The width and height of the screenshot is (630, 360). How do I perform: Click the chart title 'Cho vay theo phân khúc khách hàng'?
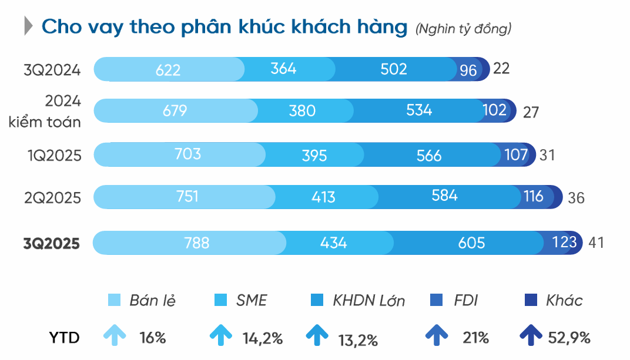click(224, 27)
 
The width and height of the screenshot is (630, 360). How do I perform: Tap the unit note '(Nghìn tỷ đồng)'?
click(463, 28)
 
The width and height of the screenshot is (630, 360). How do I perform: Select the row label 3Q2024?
click(52, 70)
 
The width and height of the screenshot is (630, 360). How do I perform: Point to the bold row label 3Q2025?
click(52, 243)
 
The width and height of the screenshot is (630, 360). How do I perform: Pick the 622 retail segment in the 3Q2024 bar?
click(168, 70)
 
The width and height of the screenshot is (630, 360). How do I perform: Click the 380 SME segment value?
click(302, 110)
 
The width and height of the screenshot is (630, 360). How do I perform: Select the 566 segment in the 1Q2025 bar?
click(428, 155)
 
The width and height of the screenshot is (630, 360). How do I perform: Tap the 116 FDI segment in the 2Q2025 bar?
click(534, 196)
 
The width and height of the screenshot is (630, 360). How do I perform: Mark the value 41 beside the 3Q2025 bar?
click(596, 242)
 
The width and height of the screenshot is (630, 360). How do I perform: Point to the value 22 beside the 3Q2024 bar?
click(501, 68)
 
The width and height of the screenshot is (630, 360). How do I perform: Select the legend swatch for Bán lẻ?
click(115, 301)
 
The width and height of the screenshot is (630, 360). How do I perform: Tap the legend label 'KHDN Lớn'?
click(368, 301)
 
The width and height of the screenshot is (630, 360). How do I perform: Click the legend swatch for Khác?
click(529, 301)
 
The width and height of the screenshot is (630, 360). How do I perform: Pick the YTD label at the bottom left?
click(64, 338)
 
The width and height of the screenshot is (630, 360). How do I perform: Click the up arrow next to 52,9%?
click(531, 337)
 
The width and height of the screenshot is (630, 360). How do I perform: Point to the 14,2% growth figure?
click(262, 338)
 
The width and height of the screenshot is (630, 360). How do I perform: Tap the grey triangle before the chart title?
click(28, 27)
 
